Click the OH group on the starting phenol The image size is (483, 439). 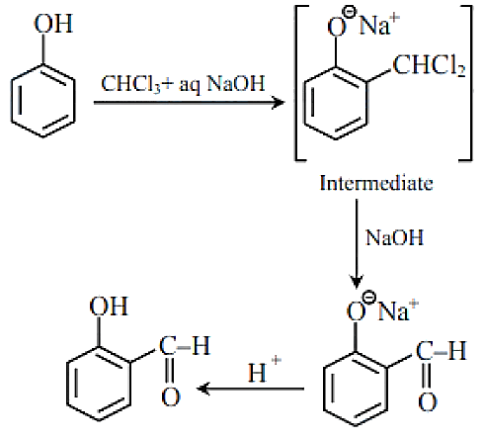[53, 24]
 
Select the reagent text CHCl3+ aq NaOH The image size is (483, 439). [183, 84]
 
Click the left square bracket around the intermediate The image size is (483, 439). [296, 82]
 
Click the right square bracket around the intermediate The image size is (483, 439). [470, 82]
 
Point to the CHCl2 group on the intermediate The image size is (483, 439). [430, 66]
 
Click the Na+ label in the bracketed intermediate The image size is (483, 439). [379, 24]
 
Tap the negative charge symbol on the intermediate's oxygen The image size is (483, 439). [350, 13]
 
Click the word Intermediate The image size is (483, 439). [376, 183]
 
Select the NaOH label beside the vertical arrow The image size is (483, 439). [394, 237]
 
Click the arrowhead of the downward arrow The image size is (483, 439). [357, 282]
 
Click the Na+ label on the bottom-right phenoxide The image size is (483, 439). [398, 309]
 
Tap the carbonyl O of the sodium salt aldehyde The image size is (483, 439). [428, 401]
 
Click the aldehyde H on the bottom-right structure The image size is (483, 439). [457, 350]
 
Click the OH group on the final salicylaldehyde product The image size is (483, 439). [109, 307]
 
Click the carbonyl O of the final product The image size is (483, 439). [171, 397]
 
